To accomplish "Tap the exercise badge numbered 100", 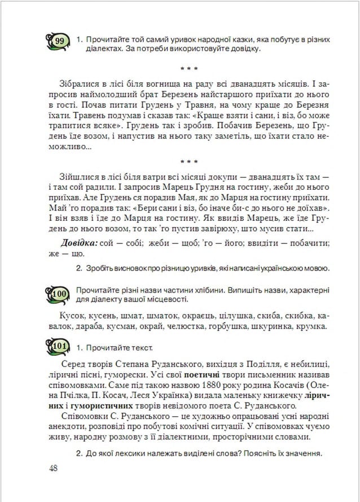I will click(x=60, y=294).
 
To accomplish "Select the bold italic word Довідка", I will click(x=78, y=243).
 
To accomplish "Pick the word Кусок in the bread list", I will click(x=70, y=315).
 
